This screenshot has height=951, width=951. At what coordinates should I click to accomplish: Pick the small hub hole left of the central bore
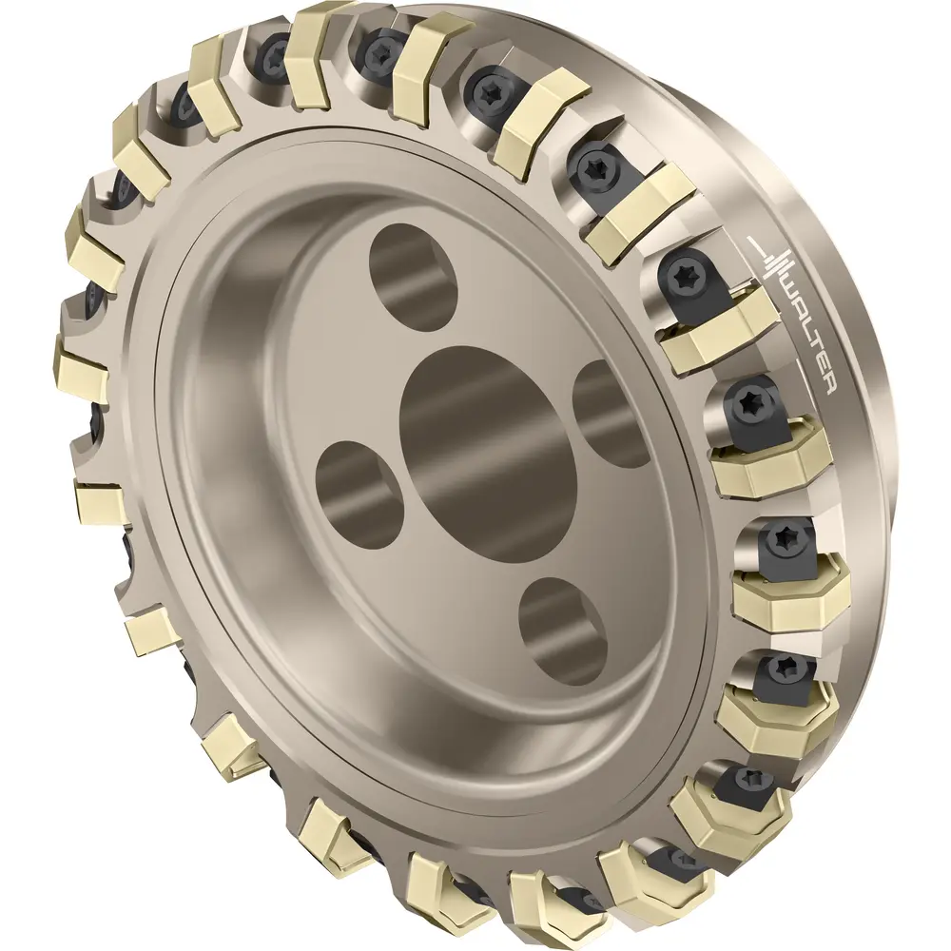click(360, 493)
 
